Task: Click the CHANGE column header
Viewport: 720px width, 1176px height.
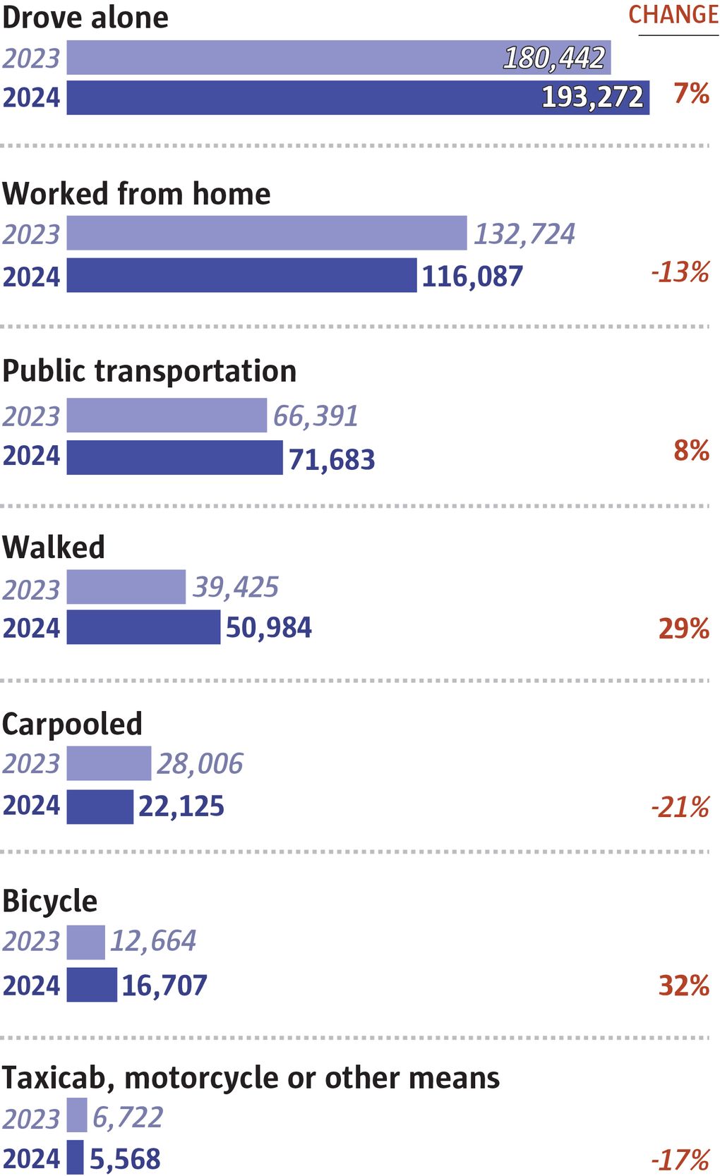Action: pos(673,15)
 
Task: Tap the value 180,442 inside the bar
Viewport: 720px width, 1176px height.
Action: pos(554,58)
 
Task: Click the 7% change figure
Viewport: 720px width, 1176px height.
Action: pos(691,93)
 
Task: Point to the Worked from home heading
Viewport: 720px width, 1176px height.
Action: pos(136,194)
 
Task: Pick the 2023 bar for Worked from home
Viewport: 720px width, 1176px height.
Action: pos(266,234)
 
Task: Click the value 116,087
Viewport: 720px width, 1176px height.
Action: pos(472,276)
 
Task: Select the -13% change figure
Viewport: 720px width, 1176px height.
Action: pos(680,272)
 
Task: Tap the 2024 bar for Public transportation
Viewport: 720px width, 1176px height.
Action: pos(174,457)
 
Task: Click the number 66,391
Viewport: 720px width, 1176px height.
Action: pos(316,416)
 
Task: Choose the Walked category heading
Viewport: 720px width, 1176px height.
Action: pos(54,547)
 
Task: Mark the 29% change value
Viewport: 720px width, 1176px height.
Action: pos(683,629)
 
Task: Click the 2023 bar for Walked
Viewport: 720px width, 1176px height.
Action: pos(126,587)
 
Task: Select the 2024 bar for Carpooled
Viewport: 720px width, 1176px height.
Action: pos(100,806)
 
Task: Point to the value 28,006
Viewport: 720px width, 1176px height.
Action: pos(200,764)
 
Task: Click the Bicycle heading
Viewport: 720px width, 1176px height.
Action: pos(49,902)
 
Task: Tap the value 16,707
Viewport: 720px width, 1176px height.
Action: pos(164,986)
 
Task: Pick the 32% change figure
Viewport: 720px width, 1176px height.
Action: pos(683,986)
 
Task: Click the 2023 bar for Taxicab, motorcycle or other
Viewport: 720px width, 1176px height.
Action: pos(77,1115)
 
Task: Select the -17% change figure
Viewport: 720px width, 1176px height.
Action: pos(680,1160)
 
